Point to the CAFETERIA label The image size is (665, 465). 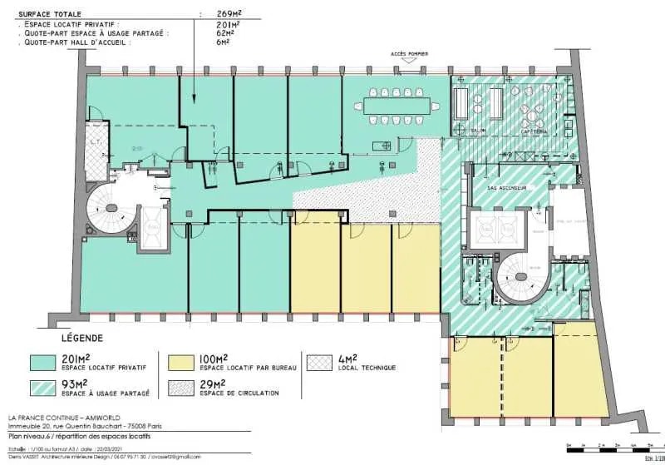(532, 131)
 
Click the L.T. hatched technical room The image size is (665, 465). (95, 146)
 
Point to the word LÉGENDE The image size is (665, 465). (82, 339)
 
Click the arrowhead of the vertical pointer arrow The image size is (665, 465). (194, 101)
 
